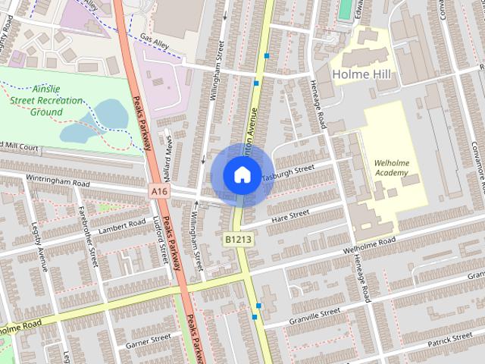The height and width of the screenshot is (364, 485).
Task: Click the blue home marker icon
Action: pos(242,174)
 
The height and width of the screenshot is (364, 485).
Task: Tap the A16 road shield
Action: pos(158,193)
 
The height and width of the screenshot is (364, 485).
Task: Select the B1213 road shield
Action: pos(237,239)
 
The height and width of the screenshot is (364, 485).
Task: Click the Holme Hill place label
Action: pos(361,74)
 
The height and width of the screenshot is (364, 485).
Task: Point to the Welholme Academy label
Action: pos(391,168)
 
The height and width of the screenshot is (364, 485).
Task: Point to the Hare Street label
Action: pos(289,215)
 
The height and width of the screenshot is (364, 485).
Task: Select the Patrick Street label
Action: pos(449,337)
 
